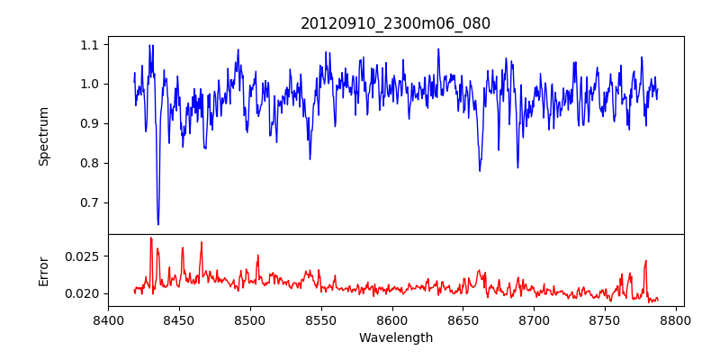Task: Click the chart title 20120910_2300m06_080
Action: tap(395, 23)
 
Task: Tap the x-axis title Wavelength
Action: tap(395, 337)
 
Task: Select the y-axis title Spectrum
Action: tap(44, 136)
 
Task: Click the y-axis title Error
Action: tap(44, 270)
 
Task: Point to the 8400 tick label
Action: tap(108, 319)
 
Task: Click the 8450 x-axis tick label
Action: tap(179, 319)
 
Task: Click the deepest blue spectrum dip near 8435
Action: tap(158, 224)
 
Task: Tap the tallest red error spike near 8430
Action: tap(150, 238)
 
